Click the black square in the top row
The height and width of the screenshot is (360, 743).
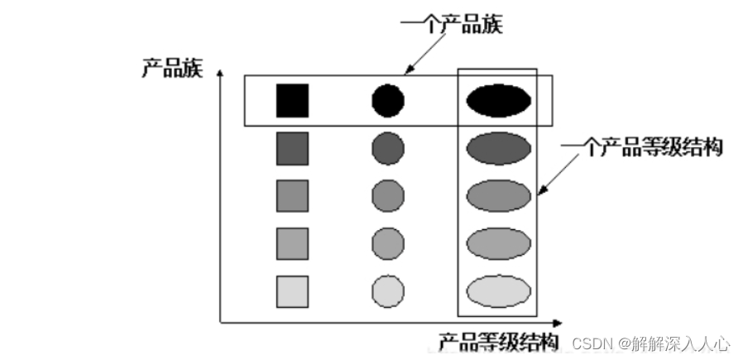[292, 100]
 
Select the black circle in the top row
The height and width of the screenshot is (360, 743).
[387, 100]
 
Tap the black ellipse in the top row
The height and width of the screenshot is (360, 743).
[498, 100]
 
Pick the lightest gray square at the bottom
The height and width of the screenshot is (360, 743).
[292, 290]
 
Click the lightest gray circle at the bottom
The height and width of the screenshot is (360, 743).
[387, 291]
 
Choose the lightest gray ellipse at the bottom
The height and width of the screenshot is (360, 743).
[498, 291]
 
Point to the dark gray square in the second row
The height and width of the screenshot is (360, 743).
[292, 148]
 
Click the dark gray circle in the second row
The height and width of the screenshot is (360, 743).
[387, 148]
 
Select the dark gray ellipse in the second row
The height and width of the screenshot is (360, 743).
[498, 148]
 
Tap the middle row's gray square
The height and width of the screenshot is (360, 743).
[292, 195]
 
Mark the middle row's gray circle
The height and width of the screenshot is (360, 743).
[387, 196]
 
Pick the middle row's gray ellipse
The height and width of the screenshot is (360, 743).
[498, 196]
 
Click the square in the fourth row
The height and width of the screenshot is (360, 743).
[292, 243]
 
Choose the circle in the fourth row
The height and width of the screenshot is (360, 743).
[387, 243]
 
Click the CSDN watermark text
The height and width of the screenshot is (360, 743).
[651, 342]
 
